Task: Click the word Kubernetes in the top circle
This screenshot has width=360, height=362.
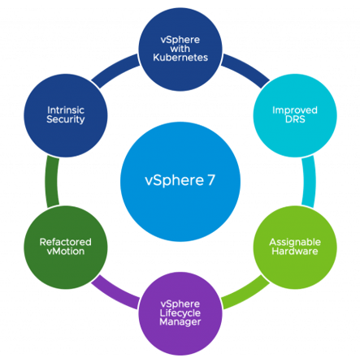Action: point(180,58)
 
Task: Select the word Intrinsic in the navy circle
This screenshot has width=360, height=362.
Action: point(66,110)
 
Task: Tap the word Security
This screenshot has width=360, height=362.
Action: point(66,119)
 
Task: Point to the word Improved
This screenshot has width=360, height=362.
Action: point(295,110)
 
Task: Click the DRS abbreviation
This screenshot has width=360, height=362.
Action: point(295,119)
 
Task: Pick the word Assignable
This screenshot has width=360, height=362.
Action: point(295,242)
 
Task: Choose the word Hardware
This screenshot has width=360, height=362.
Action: point(295,251)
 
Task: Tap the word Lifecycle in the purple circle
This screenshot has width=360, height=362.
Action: point(180,313)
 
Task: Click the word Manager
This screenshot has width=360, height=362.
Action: point(180,322)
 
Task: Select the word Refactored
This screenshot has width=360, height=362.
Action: point(66,242)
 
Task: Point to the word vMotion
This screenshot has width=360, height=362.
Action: point(66,252)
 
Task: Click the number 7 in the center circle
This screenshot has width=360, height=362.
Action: point(211,180)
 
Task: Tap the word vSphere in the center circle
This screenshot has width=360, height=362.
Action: point(174,180)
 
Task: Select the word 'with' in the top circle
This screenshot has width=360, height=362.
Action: point(180,49)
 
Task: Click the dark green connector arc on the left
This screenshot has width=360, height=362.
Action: point(52,182)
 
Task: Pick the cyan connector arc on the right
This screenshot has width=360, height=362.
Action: point(309,182)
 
